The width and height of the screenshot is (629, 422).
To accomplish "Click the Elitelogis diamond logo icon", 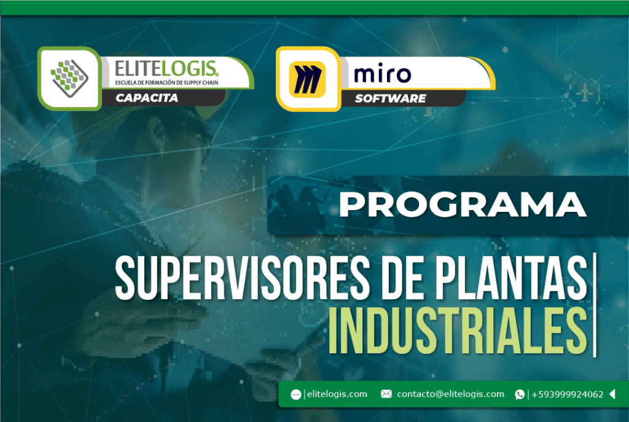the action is coord(69,78).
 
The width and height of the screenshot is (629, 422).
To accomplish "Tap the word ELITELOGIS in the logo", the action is coord(166,69).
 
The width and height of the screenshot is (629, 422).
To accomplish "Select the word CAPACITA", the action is coord(147,98).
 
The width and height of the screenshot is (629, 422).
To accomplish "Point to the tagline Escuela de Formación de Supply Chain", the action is coord(167,83).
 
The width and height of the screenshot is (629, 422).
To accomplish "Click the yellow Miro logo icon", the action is coord(307,79).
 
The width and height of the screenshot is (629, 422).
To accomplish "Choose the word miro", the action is coord(382,74).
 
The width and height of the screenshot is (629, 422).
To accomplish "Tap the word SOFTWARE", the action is coord(390,98).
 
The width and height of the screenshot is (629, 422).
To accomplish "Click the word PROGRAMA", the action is coord(463,205).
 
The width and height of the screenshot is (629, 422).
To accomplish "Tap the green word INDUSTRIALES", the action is coord(458,330).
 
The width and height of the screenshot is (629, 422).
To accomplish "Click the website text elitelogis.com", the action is coord(337,394).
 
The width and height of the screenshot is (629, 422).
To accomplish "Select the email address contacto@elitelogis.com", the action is coord(450,394).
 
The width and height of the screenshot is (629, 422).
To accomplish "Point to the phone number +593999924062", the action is coord(567,395).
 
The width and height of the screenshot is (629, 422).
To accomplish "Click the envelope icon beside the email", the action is coord(386,394).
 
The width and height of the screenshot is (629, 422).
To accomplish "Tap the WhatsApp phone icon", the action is coord(520,395).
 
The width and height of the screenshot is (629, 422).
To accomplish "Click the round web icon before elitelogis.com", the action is coord(296,395).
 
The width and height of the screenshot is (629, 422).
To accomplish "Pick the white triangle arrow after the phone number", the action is coord(612,394).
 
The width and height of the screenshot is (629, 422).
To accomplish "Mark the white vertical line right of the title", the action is coord(595,305).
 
